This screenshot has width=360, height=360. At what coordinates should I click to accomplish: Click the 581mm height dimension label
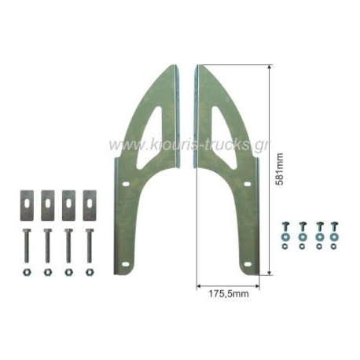(x=280, y=169)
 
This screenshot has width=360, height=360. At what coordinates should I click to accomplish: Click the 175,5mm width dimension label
(x=229, y=294)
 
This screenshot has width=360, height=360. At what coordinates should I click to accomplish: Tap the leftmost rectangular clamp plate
(x=27, y=205)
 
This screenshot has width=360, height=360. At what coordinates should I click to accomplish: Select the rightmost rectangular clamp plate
(x=90, y=205)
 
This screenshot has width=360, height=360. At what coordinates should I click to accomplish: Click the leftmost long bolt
(x=27, y=245)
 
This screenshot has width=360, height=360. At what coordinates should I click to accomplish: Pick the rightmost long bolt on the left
(x=90, y=245)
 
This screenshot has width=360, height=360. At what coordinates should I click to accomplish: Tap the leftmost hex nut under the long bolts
(x=27, y=272)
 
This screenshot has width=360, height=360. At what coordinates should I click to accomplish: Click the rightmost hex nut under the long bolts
(x=90, y=272)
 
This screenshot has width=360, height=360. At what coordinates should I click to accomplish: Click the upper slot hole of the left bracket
(x=126, y=185)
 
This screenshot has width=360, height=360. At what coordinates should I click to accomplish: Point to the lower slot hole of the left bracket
(x=126, y=264)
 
